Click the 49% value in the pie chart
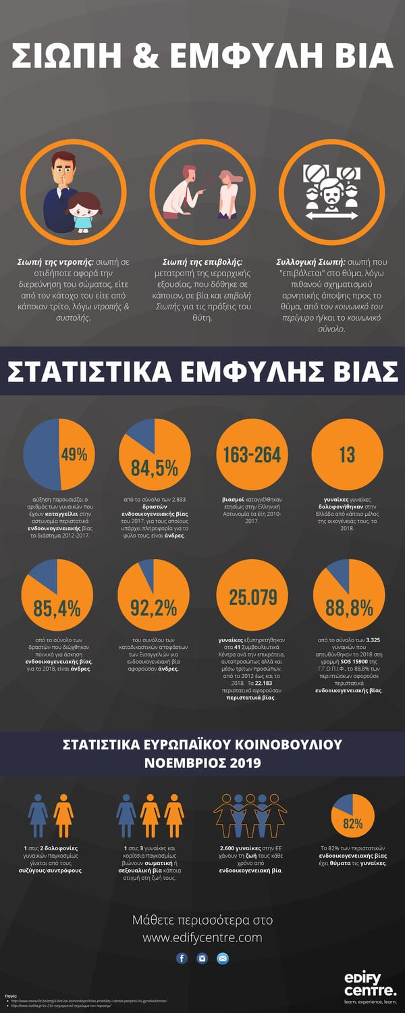[74, 454]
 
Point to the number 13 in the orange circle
[347, 454]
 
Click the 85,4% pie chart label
[57, 608]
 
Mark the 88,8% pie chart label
[349, 608]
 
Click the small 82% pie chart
[353, 823]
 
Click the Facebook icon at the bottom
[182, 958]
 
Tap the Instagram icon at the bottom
[202, 958]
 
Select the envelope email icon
[223, 958]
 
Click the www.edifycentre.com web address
[202, 937]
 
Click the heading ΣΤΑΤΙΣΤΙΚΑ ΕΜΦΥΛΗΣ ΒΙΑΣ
[202, 372]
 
